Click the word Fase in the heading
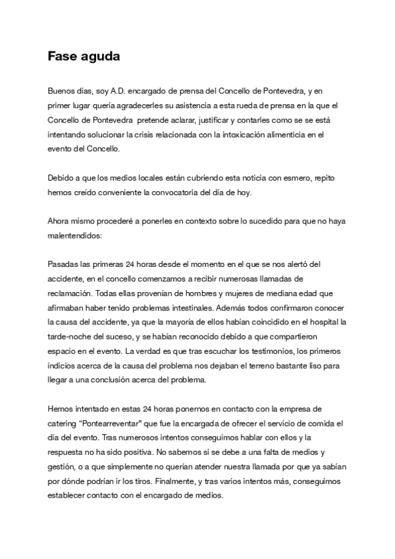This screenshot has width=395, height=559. click(x=61, y=57)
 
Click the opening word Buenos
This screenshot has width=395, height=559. click(x=61, y=90)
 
